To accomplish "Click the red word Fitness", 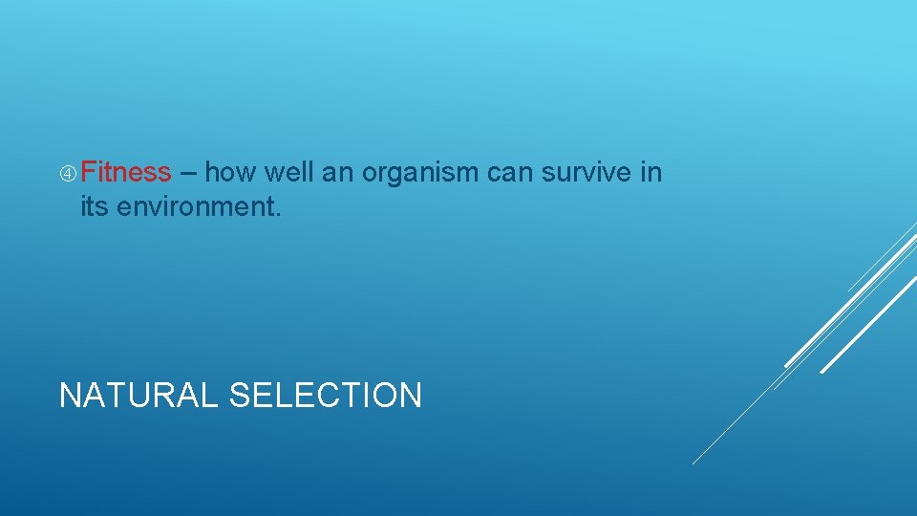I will [x=125, y=173].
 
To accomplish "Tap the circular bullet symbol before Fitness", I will [x=68, y=174].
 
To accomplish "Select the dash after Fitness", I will [x=188, y=174].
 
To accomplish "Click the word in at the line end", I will [x=651, y=173].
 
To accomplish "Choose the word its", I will [x=95, y=206].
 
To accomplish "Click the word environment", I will [x=195, y=206].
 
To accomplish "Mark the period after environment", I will [x=278, y=214].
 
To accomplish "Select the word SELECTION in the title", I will [x=326, y=395].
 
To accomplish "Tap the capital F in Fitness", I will [x=88, y=173].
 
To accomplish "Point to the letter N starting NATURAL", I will [x=69, y=395].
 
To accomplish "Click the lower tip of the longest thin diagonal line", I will [x=693, y=463].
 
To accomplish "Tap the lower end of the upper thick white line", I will [x=786, y=365].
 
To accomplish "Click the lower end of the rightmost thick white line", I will [x=822, y=371].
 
